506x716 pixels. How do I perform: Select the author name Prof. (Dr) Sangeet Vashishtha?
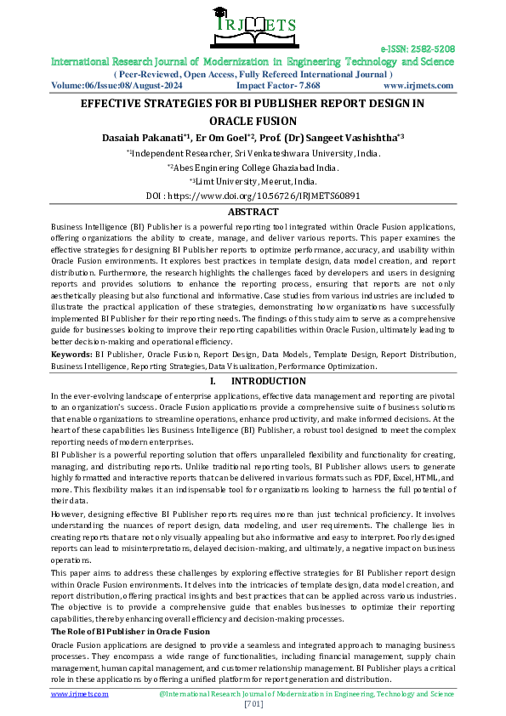tap(332, 137)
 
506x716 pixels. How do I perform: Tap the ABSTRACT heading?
tap(253, 212)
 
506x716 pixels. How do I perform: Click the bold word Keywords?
tap(71, 352)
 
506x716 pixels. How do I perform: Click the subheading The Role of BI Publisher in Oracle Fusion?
tap(130, 632)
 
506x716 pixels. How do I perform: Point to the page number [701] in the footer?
tap(253, 704)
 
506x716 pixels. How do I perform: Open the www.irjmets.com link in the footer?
tap(80, 694)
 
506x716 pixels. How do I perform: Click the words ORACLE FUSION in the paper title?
tap(253, 122)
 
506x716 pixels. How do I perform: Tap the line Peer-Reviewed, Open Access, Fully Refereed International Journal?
tap(253, 74)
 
